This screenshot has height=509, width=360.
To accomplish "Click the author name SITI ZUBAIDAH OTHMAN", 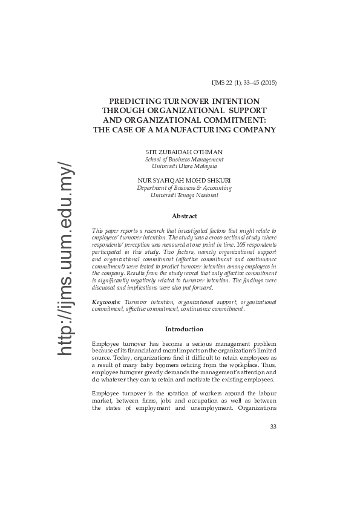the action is point(184,151).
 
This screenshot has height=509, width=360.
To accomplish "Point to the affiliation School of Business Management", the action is point(184,159).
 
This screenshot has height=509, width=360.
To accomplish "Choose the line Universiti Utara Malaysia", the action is point(184,166).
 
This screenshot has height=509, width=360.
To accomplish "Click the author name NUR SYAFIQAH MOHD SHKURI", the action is point(184,180).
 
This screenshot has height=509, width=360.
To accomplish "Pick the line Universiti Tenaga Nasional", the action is point(184,195).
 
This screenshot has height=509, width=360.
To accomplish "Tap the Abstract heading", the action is point(184,216).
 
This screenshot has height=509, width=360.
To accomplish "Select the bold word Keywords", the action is point(106,301).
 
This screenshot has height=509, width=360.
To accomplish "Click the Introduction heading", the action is point(184,329).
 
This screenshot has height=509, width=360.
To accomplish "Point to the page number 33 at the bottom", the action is point(273,427).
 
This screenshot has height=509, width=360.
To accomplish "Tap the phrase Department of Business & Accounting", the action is point(184,188).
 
